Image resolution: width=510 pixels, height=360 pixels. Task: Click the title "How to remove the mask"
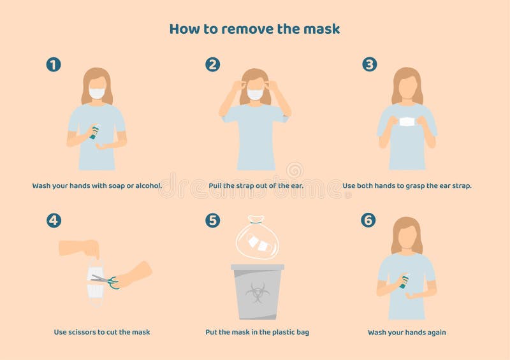[x=254, y=29]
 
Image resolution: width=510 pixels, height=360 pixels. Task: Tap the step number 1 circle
[x=54, y=64]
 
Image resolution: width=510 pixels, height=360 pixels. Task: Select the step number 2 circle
[x=212, y=64]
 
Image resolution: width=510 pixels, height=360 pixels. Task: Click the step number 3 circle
[x=370, y=64]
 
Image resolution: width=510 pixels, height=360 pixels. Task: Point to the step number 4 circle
[x=54, y=220]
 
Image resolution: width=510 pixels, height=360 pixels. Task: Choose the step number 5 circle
[x=212, y=220]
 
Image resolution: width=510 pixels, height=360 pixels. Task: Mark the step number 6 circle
[x=368, y=220]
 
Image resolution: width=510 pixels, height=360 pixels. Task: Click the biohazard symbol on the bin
[x=257, y=292]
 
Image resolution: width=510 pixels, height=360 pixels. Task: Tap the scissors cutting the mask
[x=105, y=280]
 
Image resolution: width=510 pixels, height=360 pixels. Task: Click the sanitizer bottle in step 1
[x=94, y=132]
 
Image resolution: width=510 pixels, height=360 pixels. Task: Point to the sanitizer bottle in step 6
[x=404, y=281]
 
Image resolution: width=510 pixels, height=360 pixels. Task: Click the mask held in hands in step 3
[x=407, y=122]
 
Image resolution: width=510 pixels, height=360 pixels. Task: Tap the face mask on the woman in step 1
[x=97, y=93]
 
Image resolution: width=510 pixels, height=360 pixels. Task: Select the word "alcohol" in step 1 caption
[x=145, y=186]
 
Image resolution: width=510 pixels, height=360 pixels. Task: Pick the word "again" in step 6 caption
[x=435, y=333]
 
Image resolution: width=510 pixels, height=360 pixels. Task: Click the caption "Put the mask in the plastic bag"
[x=257, y=332]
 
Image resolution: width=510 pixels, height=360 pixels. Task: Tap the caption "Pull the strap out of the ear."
[x=256, y=186]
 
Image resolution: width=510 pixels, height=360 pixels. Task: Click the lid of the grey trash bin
[x=257, y=267]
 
